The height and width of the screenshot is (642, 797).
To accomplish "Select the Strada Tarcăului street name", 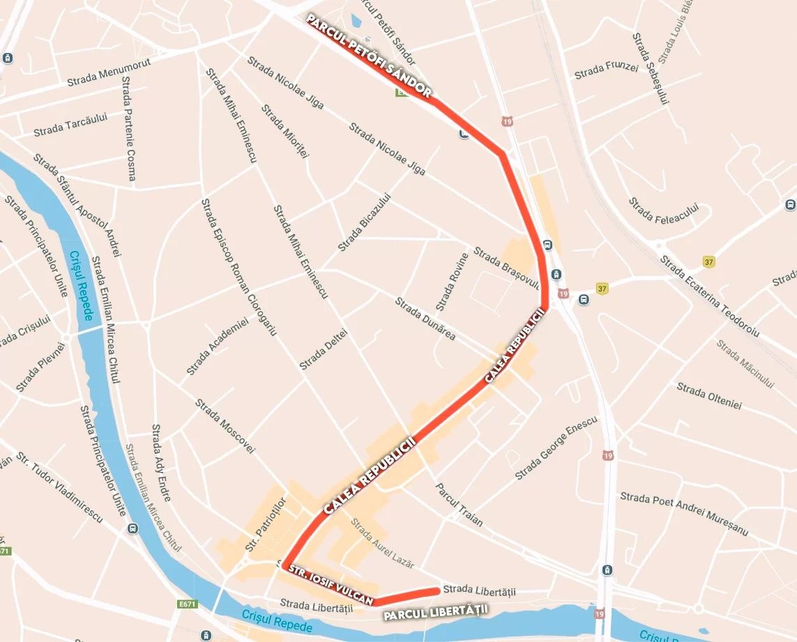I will coord(70,125).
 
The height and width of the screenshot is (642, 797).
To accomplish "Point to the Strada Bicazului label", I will coord(364,222).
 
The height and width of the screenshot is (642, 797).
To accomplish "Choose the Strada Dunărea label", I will coord(425,319).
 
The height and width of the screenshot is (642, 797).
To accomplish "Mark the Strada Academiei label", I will coord(217,347).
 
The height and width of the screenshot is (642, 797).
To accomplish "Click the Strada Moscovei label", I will coord(225,426).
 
